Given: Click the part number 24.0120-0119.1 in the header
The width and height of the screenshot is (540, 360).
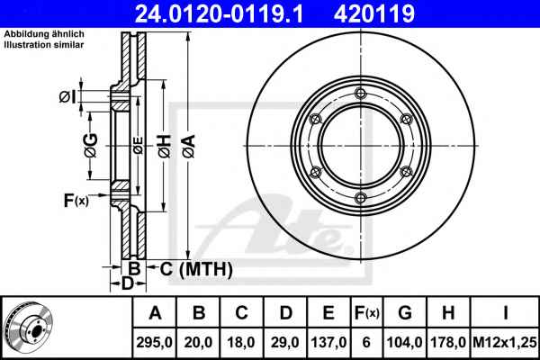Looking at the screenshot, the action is click(x=219, y=13).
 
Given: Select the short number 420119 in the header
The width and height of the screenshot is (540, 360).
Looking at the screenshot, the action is click(x=374, y=13).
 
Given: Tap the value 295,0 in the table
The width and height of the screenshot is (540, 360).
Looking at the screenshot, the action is click(x=154, y=342).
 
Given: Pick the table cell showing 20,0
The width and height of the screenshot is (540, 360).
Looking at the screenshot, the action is click(x=198, y=342).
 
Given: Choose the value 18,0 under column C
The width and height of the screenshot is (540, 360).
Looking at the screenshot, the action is click(x=241, y=342).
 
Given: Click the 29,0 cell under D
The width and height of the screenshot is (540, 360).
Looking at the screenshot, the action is click(x=285, y=342).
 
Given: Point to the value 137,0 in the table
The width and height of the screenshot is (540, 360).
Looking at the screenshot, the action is click(x=328, y=342).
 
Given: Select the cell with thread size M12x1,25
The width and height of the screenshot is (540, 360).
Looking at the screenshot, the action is click(x=505, y=342).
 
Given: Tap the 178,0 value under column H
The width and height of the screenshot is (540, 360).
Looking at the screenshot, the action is click(x=448, y=342).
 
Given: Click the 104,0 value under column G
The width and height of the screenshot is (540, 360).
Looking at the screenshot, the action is click(x=405, y=342).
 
